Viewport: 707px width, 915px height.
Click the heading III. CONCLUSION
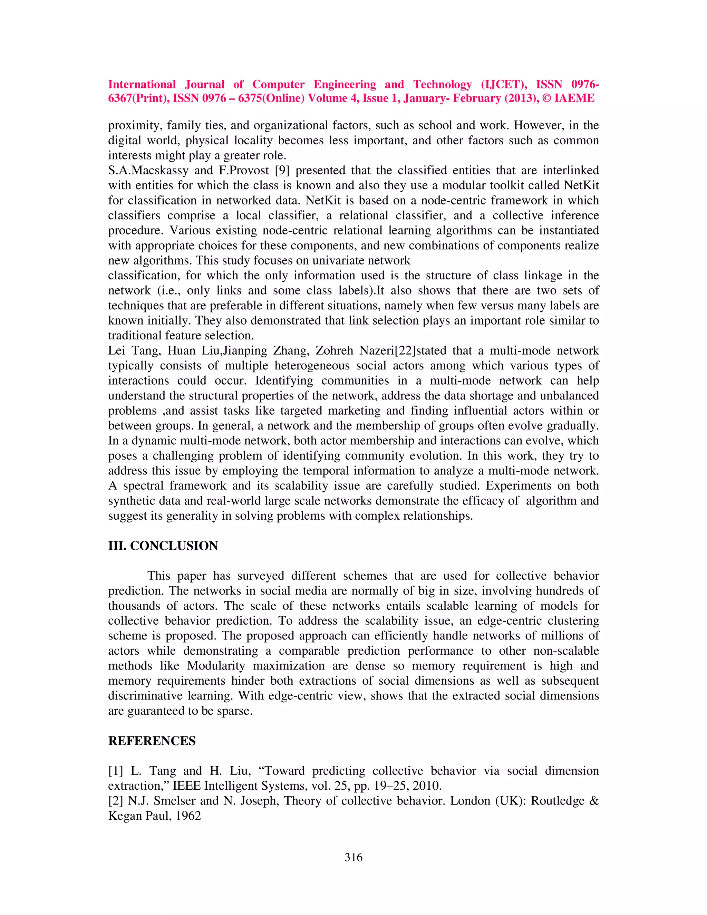163,546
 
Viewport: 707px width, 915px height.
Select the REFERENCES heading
152,741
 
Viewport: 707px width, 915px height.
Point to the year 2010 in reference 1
426,786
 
